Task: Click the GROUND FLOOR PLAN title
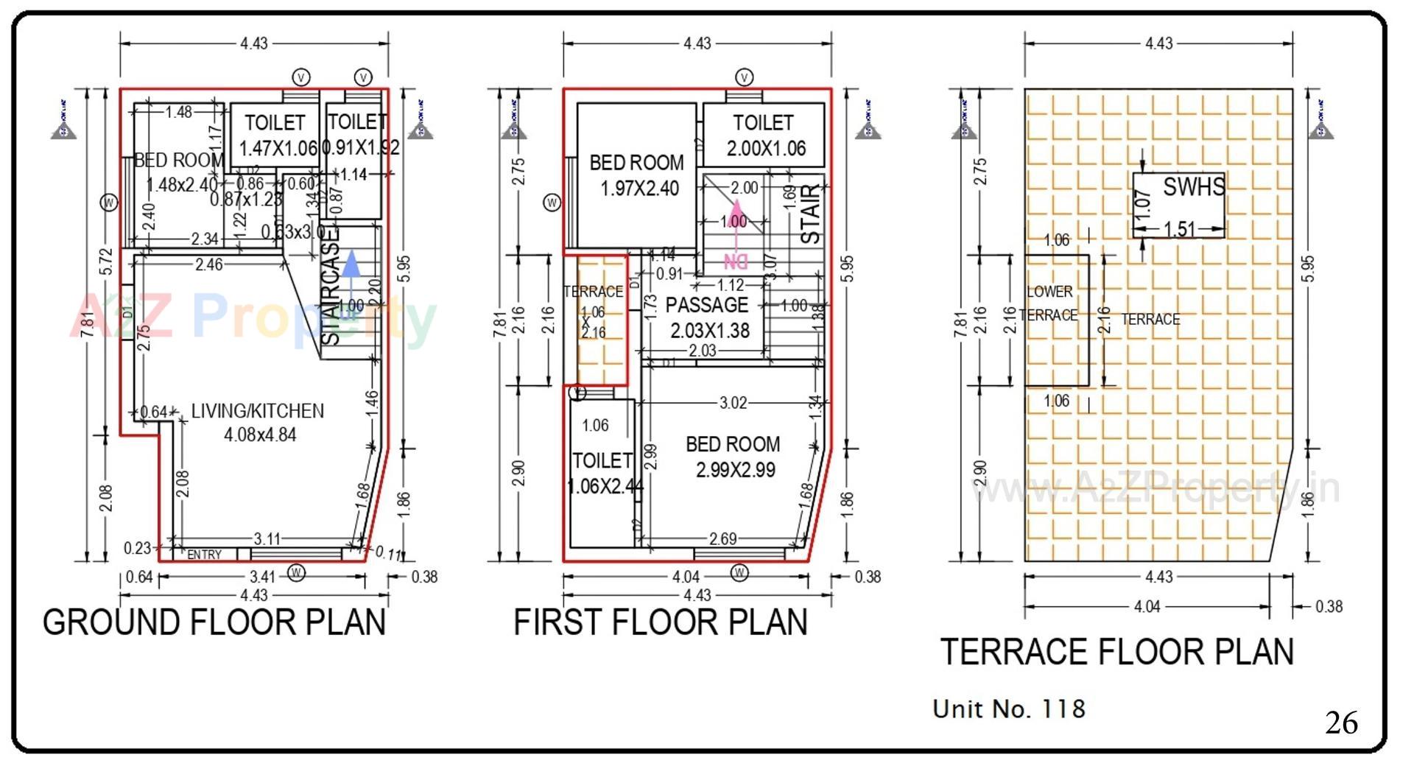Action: coord(214,623)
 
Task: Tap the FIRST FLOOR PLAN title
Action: coord(660,623)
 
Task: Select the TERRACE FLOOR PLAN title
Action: coord(1116,653)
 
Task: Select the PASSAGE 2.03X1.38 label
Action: coord(708,317)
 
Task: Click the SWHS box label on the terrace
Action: coord(1193,188)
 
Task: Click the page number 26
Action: coord(1341,723)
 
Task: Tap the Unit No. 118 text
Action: coord(1008,709)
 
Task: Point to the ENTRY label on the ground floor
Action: coord(204,555)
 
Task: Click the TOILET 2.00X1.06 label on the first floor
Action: coord(764,136)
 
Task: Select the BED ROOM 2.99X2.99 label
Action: coord(734,457)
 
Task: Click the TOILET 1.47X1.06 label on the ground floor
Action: coord(276,136)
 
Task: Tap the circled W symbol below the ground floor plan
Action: coord(296,572)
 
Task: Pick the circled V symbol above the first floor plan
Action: coord(744,77)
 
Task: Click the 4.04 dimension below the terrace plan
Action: coord(1147,607)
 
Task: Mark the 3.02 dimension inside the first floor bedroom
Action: coord(733,403)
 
